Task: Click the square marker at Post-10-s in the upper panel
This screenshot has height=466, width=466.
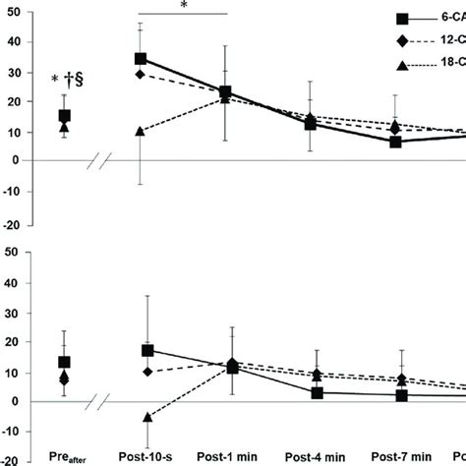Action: (141, 59)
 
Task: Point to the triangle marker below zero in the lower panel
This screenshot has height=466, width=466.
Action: (147, 417)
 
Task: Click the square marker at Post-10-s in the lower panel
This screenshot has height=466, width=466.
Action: (147, 350)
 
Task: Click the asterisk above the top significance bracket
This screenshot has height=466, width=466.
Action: (184, 6)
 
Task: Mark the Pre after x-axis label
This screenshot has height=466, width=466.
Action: (66, 458)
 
